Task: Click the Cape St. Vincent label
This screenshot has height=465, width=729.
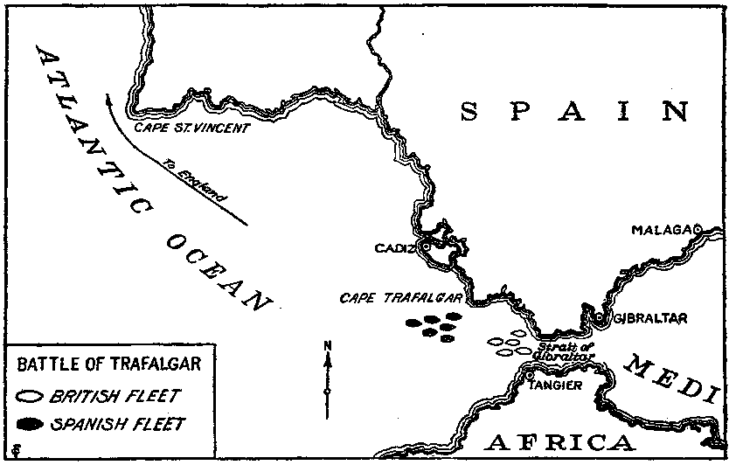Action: [x=191, y=127]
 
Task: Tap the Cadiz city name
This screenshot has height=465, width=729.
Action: [x=392, y=247]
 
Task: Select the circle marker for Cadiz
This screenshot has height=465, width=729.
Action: [x=426, y=246]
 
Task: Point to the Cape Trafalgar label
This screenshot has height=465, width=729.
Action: [x=400, y=298]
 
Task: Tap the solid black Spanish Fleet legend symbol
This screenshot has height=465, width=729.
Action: [x=29, y=425]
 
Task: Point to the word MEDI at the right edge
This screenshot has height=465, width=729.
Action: [x=675, y=375]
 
